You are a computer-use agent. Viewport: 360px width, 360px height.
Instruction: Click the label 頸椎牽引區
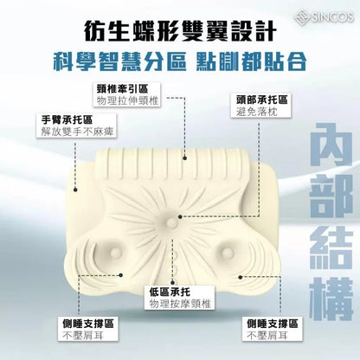122,87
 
